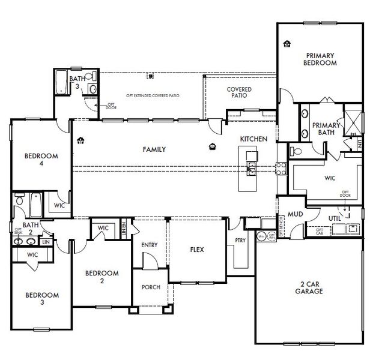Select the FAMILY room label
point(154,149)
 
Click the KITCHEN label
point(253,139)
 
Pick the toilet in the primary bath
point(296,151)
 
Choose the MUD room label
point(294,214)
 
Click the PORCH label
point(150,287)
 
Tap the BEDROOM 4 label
point(41,160)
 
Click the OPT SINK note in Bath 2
point(17,232)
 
